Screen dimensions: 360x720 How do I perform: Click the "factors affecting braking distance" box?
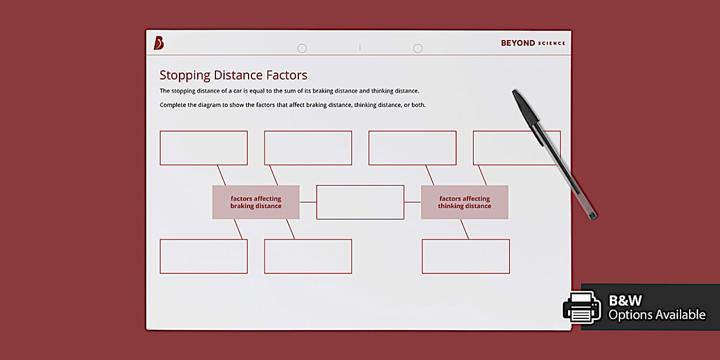click(x=256, y=202)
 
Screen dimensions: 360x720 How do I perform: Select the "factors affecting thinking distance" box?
click(x=465, y=202)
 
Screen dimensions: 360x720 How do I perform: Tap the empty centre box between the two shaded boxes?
click(x=360, y=202)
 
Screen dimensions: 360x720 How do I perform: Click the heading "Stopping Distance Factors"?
click(x=233, y=75)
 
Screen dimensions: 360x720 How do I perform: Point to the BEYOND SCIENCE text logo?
click(x=533, y=43)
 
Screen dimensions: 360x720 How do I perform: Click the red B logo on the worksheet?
click(x=159, y=43)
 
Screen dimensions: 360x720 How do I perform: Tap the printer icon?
click(x=582, y=307)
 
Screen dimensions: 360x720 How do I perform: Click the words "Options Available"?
click(x=657, y=315)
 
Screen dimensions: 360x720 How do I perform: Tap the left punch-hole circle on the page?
click(x=302, y=49)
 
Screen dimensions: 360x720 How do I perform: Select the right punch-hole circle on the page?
click(x=418, y=49)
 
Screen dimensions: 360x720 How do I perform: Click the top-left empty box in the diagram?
click(x=203, y=148)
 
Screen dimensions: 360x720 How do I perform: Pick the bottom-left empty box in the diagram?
click(x=203, y=256)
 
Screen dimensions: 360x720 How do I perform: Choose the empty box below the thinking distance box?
click(x=466, y=256)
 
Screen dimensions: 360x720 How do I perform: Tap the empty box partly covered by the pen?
click(x=503, y=148)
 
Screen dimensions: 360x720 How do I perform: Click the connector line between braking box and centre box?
click(x=308, y=202)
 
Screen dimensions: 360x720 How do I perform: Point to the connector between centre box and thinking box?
click(x=413, y=202)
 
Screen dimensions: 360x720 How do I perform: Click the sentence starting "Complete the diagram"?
click(x=293, y=105)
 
